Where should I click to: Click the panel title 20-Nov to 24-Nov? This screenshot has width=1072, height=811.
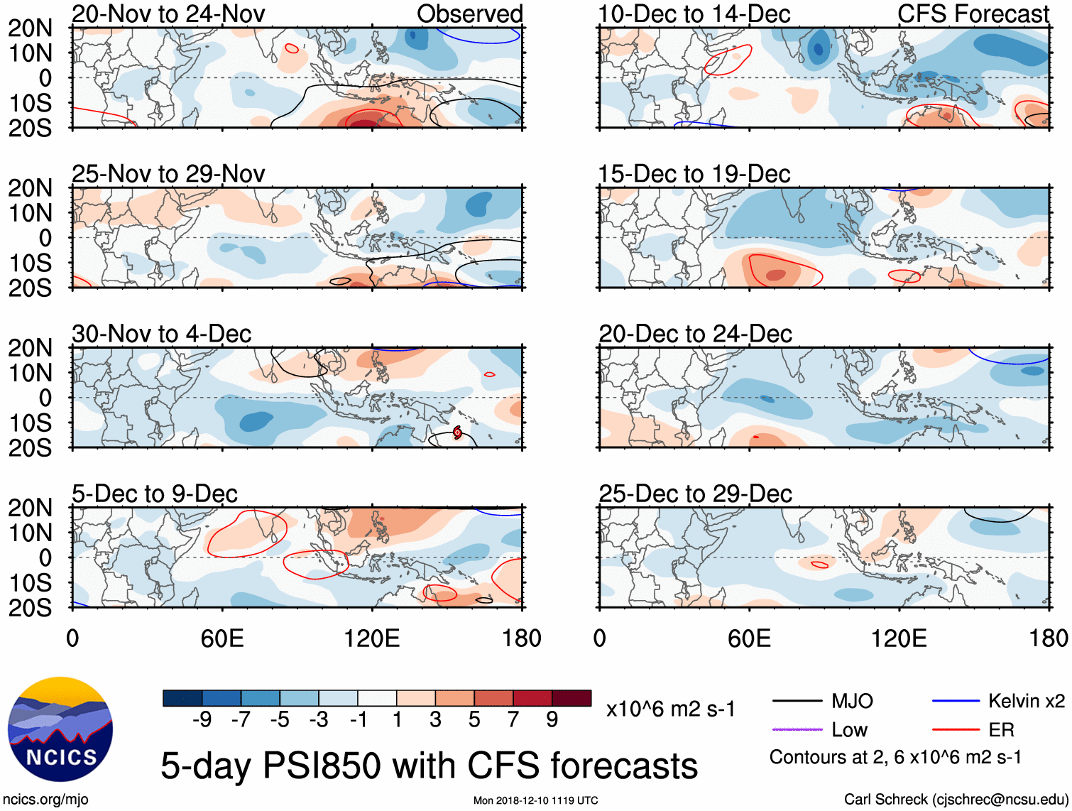click(x=168, y=13)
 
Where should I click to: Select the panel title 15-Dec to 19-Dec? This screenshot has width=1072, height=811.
click(x=694, y=174)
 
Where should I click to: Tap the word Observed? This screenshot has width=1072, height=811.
click(x=469, y=13)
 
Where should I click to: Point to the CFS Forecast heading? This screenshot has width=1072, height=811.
click(x=973, y=13)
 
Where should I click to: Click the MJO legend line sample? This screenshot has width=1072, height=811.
click(x=797, y=702)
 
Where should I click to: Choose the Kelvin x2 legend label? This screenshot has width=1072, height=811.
click(x=1026, y=702)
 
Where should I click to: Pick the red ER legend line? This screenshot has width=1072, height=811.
click(x=956, y=729)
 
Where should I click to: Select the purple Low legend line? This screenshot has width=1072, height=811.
click(x=797, y=729)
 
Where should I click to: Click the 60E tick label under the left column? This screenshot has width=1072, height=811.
click(x=222, y=638)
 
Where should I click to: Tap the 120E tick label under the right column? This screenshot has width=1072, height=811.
click(x=899, y=638)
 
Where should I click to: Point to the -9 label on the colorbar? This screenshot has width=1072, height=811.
click(x=202, y=720)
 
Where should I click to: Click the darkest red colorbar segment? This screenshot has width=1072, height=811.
click(x=571, y=698)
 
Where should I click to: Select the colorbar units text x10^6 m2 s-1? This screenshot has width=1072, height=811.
click(x=670, y=709)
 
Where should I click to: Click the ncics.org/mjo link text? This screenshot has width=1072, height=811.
click(x=45, y=799)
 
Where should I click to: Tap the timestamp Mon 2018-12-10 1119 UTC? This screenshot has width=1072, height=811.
click(x=535, y=800)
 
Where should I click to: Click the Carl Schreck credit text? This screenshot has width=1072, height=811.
click(x=956, y=799)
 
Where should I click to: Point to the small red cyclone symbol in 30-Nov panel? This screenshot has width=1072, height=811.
click(x=457, y=432)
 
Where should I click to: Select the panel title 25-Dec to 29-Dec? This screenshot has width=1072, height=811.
click(x=695, y=494)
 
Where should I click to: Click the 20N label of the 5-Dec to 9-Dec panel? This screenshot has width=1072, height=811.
click(x=31, y=508)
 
